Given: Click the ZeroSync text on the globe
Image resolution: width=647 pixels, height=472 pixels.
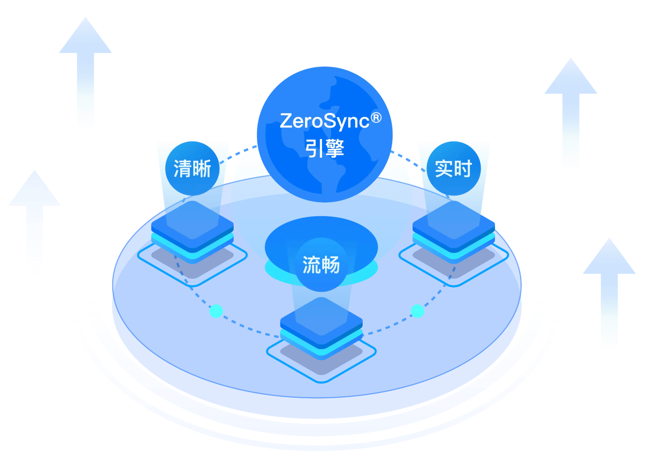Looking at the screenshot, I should click(324, 121).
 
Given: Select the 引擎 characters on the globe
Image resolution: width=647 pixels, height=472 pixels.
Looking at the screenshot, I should click(325, 148).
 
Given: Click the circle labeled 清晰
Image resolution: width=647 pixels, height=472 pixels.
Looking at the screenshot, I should click(192, 168).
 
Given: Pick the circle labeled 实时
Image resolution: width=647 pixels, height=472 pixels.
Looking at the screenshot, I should click(454, 168).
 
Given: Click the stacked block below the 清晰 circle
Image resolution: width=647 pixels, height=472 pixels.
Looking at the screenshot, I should click(192, 231).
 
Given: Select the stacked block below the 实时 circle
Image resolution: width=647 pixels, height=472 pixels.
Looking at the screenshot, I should click(454, 231).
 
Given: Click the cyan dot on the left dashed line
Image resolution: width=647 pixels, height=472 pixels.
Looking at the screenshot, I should click(216, 311).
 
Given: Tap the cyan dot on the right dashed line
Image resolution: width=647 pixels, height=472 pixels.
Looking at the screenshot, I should click(418, 311).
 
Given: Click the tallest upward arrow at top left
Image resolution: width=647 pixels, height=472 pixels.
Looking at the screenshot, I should click(85, 69).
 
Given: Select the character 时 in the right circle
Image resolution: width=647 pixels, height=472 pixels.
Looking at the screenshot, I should click(463, 169).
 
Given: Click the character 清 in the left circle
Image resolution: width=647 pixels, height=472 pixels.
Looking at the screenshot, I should click(182, 169).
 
